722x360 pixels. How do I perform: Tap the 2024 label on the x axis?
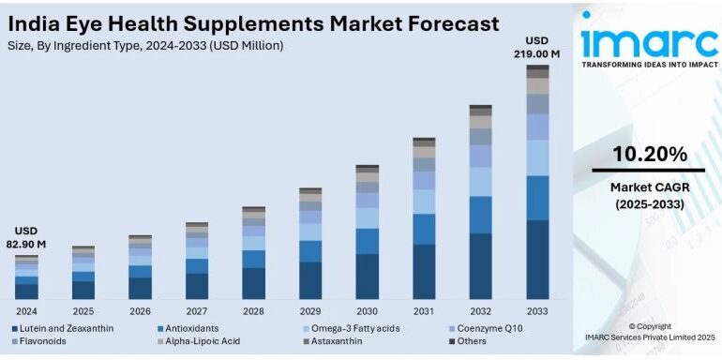(x=26, y=310)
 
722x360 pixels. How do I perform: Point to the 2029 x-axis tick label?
(x=310, y=310)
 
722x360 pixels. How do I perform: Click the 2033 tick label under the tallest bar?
(x=537, y=310)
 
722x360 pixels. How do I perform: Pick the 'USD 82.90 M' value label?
(x=26, y=238)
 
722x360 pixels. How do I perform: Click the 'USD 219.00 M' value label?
(x=537, y=48)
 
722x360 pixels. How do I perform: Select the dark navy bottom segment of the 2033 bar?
(x=537, y=260)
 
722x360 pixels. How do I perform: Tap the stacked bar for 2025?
(x=83, y=273)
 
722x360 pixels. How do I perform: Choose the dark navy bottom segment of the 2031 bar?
(x=424, y=272)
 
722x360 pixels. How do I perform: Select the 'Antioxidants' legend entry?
(x=191, y=328)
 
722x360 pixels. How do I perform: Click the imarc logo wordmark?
(x=649, y=40)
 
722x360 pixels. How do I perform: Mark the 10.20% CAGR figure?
(x=649, y=154)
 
